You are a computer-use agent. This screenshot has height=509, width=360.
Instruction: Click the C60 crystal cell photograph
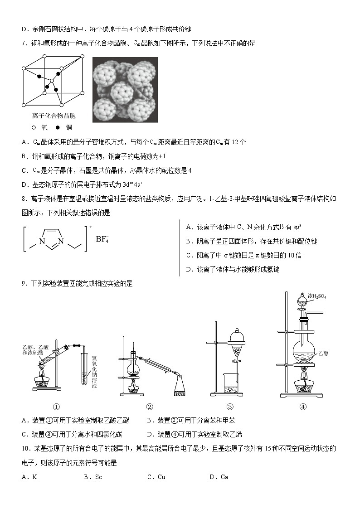point(125,89)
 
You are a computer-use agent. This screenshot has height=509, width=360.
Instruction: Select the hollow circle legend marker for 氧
point(34,127)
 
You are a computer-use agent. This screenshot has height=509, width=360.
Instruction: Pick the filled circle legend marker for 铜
point(58,127)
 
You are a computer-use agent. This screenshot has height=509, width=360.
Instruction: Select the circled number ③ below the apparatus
point(230,407)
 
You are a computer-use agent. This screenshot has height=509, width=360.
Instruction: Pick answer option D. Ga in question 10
point(219,476)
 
